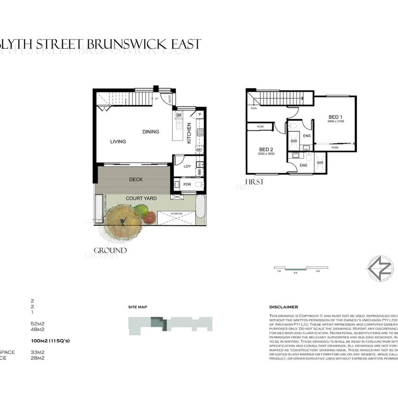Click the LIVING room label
[x=118, y=141]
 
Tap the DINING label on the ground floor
[x=151, y=132]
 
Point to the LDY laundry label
[x=187, y=166]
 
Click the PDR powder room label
[x=187, y=185]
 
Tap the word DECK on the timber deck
[x=136, y=180]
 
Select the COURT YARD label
[x=141, y=199]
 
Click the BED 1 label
[x=335, y=117]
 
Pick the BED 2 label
[x=267, y=149]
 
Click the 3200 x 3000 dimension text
[x=267, y=154]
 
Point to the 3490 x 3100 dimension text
[x=335, y=121]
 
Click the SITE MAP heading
[x=137, y=307]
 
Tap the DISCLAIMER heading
[x=283, y=307]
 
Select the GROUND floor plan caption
[x=110, y=251]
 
